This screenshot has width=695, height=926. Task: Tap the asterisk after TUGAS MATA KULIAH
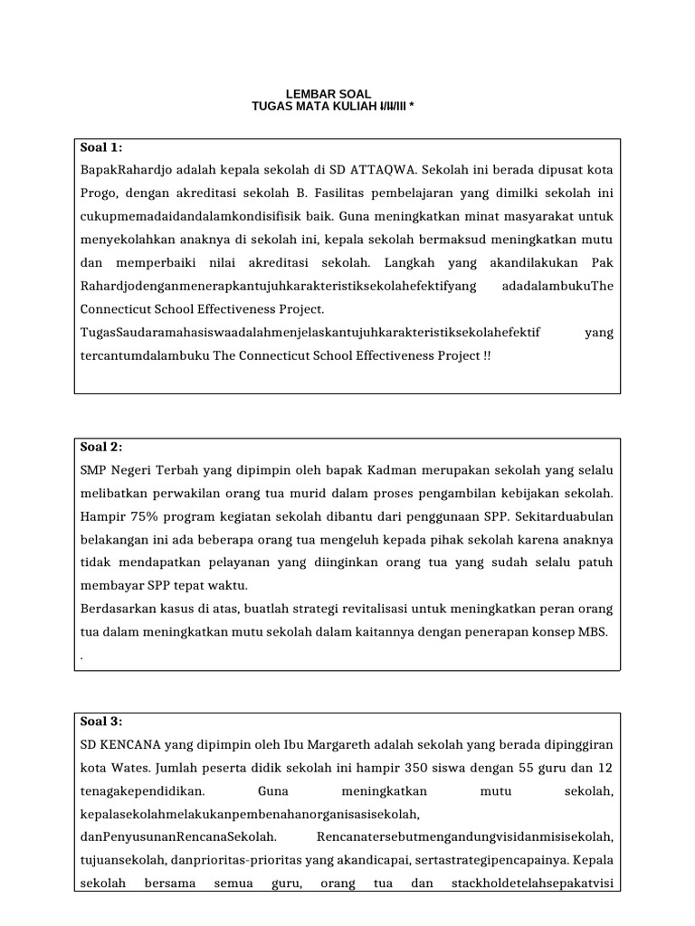(x=413, y=107)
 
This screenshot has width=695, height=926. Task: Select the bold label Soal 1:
(x=101, y=147)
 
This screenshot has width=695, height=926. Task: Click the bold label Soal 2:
(x=101, y=447)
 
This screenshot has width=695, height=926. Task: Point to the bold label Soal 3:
(x=101, y=721)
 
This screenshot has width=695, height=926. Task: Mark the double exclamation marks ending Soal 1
(x=487, y=355)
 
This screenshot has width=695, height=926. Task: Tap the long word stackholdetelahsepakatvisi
(x=532, y=883)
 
